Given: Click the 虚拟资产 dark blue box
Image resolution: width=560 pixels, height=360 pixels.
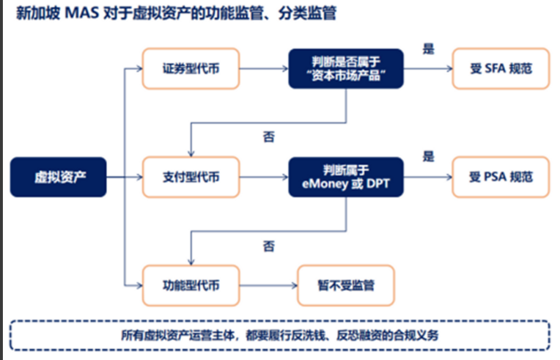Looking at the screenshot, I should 58,177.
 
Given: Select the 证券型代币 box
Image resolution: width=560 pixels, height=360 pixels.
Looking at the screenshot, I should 191,69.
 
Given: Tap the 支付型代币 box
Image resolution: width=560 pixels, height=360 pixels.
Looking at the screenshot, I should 191,177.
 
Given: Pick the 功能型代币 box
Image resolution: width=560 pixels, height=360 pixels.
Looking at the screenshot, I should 191,284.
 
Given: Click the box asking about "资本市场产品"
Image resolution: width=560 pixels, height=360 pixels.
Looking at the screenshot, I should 346,69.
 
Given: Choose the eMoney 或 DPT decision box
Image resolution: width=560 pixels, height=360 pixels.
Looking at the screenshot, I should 346,177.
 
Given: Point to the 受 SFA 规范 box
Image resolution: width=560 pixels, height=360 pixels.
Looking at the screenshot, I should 501,69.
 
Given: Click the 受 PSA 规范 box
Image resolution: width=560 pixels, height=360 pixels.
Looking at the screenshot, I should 501,177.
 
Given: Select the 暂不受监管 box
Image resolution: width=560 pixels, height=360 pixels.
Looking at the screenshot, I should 346,284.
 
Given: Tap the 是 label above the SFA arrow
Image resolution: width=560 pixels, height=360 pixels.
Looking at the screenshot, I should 429,50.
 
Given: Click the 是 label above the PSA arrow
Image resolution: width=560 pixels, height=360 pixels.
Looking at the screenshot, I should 429,157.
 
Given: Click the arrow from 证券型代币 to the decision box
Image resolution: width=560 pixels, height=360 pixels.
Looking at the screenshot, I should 264,70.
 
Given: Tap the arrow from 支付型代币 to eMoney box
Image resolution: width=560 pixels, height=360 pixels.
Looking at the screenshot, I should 264,177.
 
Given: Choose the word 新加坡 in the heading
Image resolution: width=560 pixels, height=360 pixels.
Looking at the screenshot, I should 33,14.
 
